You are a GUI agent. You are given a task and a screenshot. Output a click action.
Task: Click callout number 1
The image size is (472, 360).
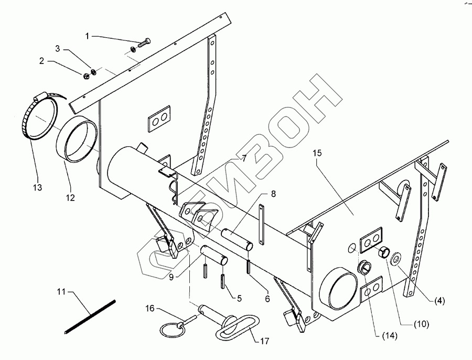point(88,36)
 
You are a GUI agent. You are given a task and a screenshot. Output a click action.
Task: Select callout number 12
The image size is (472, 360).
point(70,198)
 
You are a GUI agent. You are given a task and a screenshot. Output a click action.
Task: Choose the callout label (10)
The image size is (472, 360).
point(422,324)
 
